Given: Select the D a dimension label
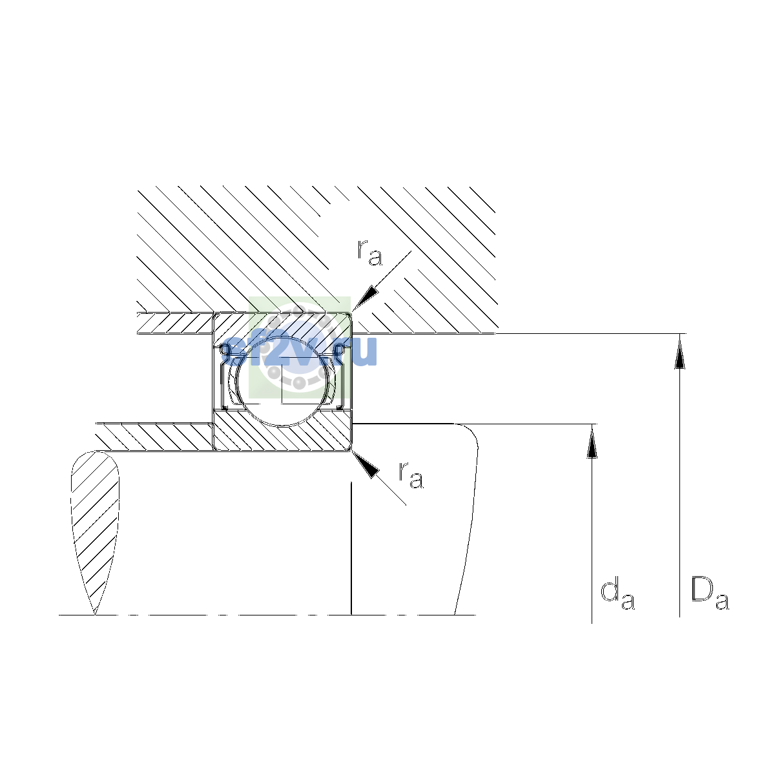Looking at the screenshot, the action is click(709, 593).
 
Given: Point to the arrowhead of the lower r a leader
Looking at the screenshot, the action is click(366, 464).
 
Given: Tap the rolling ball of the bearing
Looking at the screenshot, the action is click(282, 381).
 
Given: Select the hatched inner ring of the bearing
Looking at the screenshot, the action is click(282, 432).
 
